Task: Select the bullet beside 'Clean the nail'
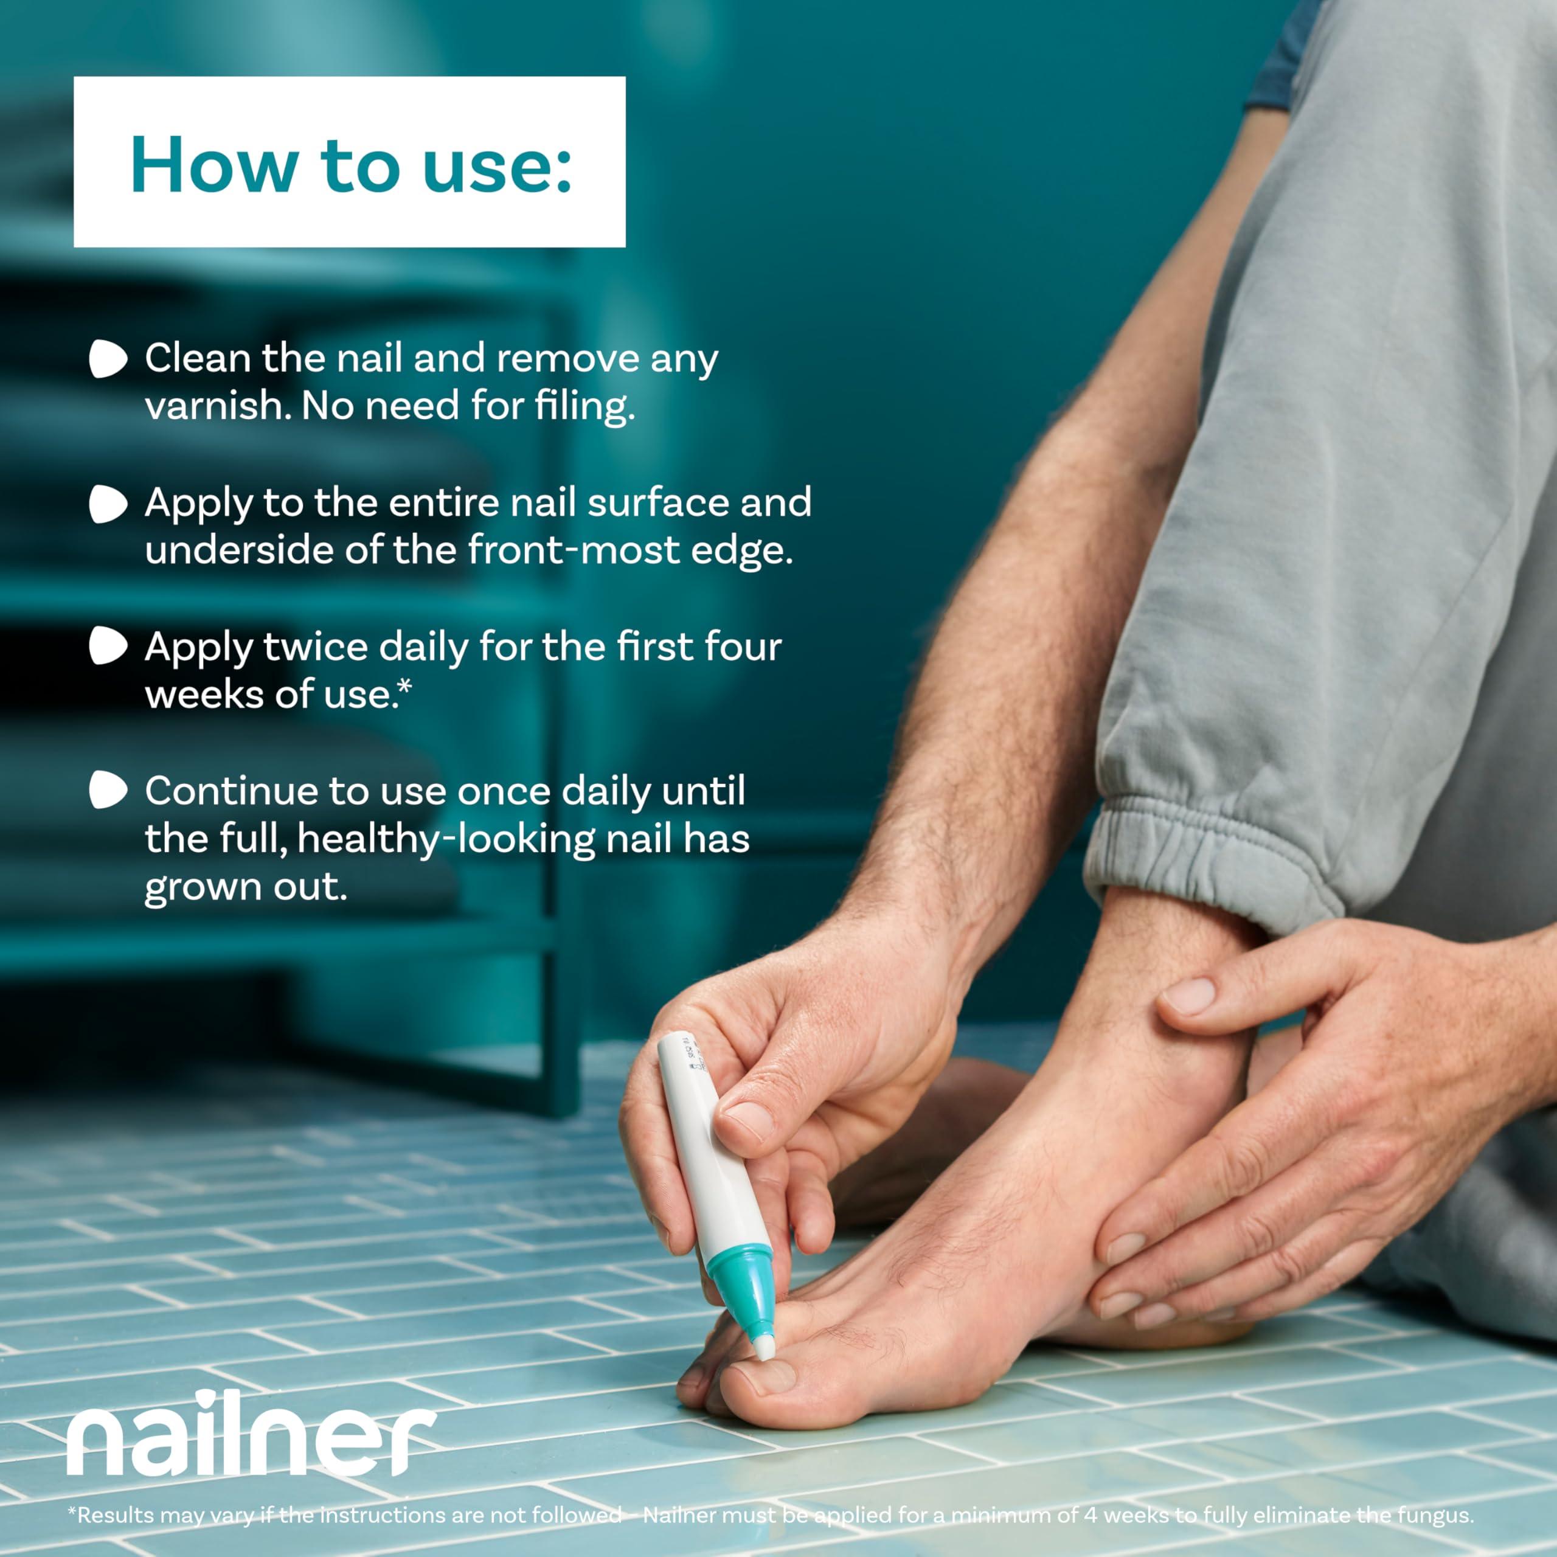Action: click(108, 359)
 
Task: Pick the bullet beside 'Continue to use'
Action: click(108, 790)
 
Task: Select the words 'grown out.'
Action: click(246, 887)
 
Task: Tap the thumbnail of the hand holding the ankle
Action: click(1188, 997)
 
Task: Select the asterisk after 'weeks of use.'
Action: click(404, 687)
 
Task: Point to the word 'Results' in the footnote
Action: click(114, 1515)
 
